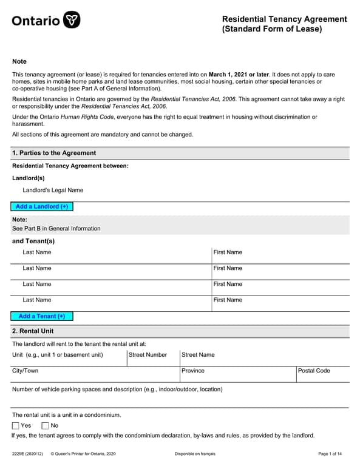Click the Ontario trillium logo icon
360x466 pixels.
(72, 20)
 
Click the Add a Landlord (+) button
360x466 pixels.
(42, 206)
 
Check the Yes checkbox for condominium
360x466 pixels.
(16, 425)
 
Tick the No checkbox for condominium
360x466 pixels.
(45, 425)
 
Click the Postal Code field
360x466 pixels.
(322, 374)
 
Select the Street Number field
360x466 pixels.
(153, 359)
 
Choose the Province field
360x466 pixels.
(237, 374)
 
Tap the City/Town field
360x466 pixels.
(95, 374)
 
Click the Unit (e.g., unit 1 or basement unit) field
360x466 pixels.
(69, 359)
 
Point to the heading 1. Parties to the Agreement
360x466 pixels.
(54, 153)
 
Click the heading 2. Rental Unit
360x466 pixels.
(33, 331)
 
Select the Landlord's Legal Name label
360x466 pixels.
(53, 190)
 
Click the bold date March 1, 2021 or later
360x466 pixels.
(239, 74)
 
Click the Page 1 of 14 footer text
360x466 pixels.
(330, 454)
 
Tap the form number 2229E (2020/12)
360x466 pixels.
(27, 454)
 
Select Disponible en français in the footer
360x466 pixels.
(195, 454)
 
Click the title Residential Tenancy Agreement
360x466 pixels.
(284, 19)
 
